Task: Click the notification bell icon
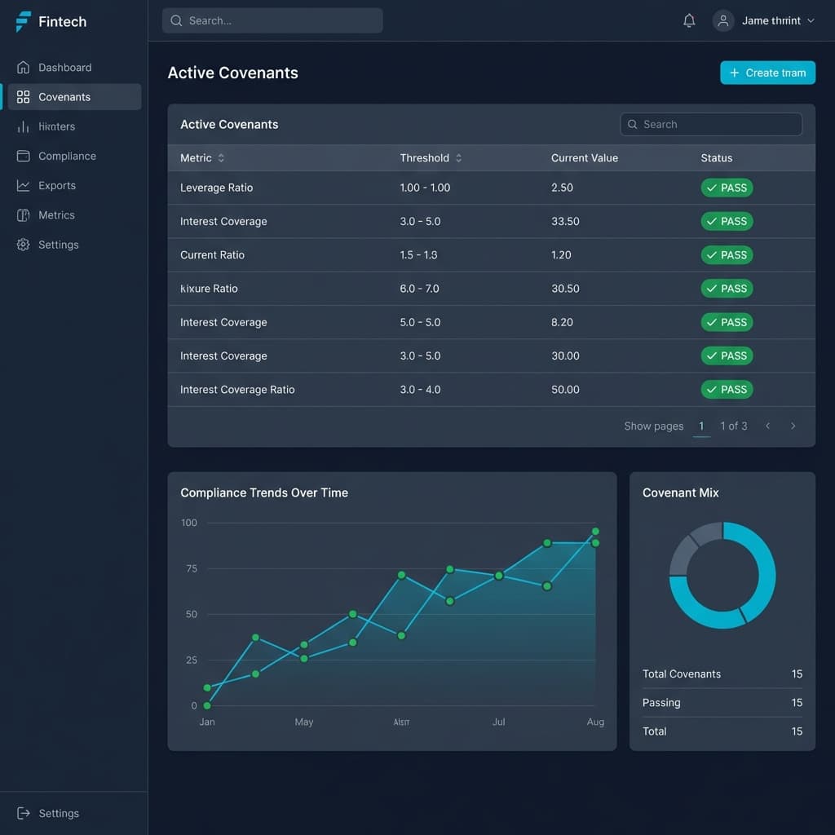[x=689, y=21]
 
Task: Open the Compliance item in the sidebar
[x=67, y=156]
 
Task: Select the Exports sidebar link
[x=56, y=185]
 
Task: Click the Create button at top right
[x=767, y=73]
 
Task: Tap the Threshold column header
[x=424, y=158]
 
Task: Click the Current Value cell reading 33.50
[x=565, y=221]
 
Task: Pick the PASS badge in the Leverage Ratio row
[x=727, y=188]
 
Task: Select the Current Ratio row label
[x=212, y=254]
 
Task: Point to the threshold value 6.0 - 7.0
[x=420, y=289]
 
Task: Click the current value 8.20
[x=562, y=322]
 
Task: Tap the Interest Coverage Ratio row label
[x=237, y=389]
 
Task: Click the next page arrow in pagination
[x=793, y=426]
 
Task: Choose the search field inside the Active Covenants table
[x=711, y=124]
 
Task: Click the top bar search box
[x=272, y=21]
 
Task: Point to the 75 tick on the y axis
[x=192, y=568]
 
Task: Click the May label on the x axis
[x=304, y=722]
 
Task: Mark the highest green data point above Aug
[x=595, y=532]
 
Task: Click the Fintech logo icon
[x=24, y=22]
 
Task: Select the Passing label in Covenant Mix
[x=661, y=702]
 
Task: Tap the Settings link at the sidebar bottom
[x=59, y=813]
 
